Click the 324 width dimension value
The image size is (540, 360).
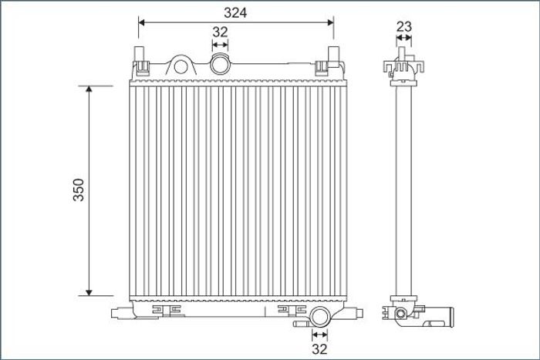click(235, 13)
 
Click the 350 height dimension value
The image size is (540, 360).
click(79, 190)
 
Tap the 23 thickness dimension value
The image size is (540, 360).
click(404, 26)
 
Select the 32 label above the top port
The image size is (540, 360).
click(220, 32)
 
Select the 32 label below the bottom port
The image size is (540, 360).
click(319, 349)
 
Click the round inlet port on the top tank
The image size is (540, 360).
click(220, 64)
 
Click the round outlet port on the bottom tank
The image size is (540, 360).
click(319, 317)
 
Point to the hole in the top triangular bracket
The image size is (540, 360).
click(181, 67)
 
